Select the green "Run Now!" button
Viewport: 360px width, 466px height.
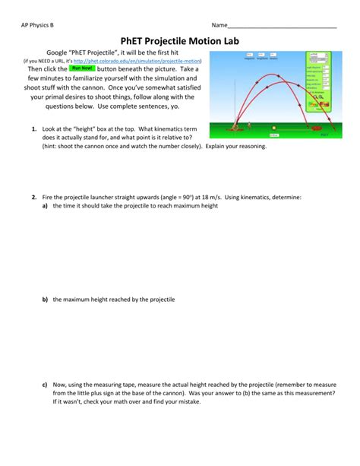(81, 68)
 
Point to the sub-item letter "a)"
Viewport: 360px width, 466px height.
(46, 205)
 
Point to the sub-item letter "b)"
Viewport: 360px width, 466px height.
(46, 300)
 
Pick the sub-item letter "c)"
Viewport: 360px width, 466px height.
(46, 384)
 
